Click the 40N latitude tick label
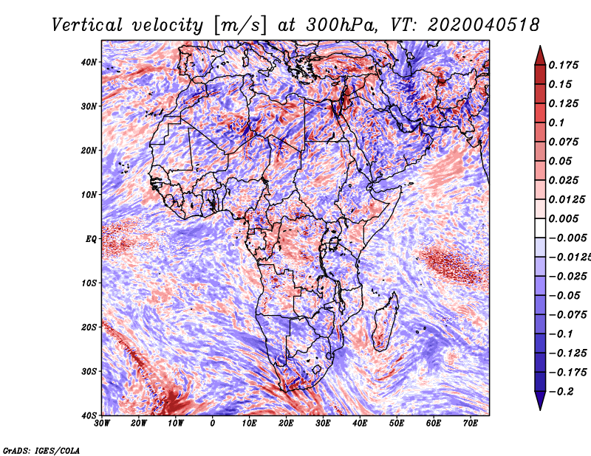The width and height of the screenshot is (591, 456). coord(89,62)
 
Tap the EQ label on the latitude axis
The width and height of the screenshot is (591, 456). coord(91,239)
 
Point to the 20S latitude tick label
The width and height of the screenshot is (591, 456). coord(89,327)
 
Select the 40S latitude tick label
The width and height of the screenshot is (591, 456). coord(89,415)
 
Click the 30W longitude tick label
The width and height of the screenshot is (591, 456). coord(102,424)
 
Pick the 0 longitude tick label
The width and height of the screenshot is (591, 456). coord(213,424)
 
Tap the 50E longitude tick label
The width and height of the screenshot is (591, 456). coord(397,424)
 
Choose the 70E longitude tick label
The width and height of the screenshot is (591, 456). coord(471,424)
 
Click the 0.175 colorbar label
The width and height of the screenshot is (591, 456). coord(563,65)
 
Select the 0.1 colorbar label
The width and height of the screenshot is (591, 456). coord(556,122)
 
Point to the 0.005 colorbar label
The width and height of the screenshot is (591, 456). coord(563,218)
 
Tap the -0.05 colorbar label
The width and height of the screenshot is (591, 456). coord(564,296)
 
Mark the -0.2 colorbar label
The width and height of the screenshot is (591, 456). coord(561,392)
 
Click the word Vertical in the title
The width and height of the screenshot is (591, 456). coord(87,25)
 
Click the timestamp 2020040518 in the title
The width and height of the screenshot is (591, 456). coord(484,25)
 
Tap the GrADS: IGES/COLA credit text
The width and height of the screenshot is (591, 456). coord(41,451)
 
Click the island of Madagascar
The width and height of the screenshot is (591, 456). coord(386,322)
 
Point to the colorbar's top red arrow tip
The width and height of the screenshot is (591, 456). coord(540,46)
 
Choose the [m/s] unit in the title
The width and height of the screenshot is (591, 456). coord(240,25)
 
